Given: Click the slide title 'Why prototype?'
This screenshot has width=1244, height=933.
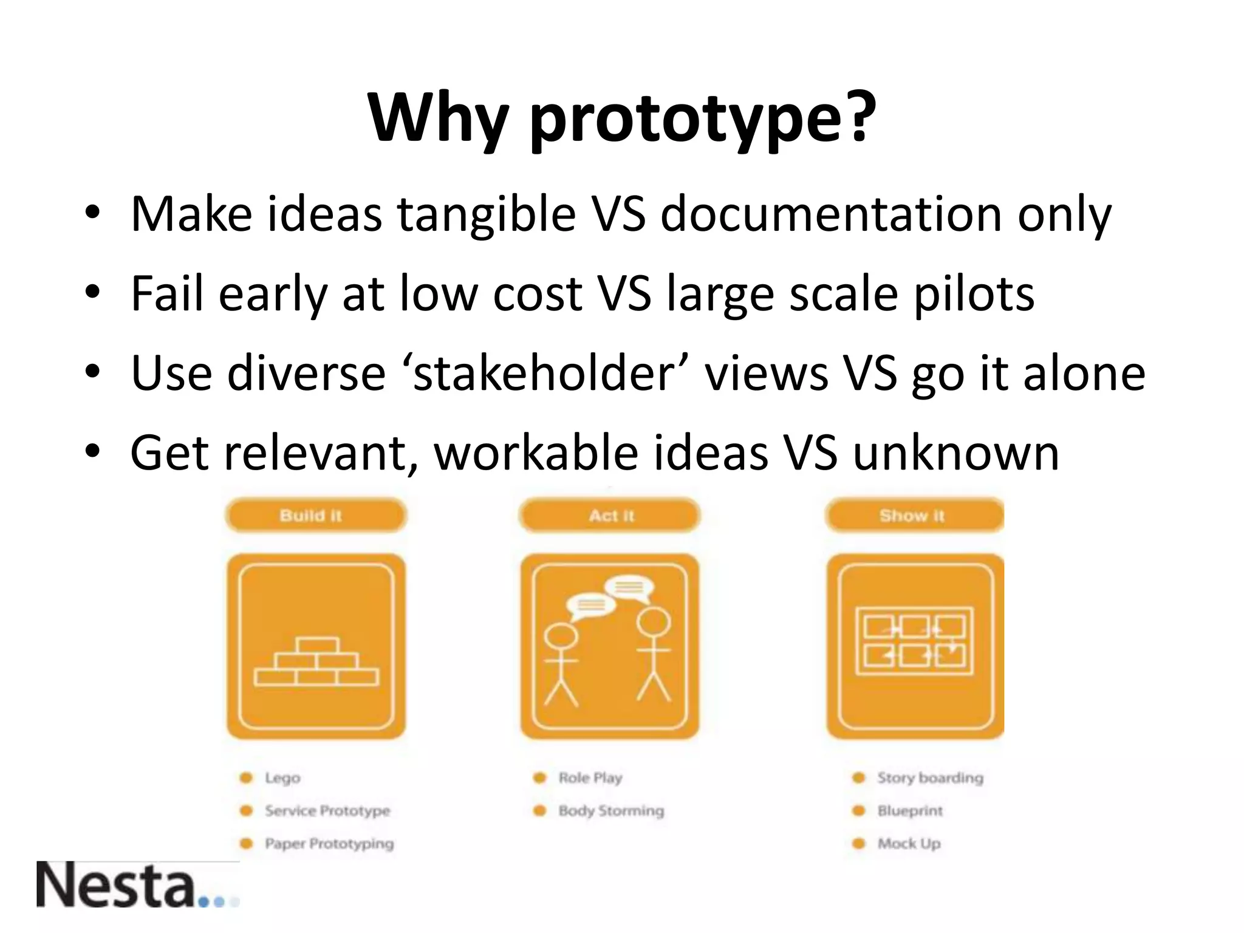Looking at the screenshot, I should point(622,118).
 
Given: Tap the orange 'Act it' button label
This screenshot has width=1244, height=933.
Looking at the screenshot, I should point(610,516).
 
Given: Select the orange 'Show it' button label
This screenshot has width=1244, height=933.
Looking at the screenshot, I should point(912,516).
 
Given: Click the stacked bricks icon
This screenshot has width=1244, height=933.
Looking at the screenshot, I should point(316,661).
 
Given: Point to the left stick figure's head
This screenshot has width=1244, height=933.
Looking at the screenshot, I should point(560,637).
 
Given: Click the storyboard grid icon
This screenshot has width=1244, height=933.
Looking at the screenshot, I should point(914,641).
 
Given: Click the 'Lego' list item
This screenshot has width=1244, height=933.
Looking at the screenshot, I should point(282,778).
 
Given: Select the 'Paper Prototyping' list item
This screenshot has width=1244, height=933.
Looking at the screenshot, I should point(329,844).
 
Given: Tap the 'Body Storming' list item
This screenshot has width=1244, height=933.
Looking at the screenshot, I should point(610,811).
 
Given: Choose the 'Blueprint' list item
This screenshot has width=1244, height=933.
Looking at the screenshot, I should point(909,811).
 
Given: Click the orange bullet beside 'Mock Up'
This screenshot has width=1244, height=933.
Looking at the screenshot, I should point(858,844).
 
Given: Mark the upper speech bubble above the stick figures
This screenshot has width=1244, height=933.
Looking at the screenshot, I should point(629,587).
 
